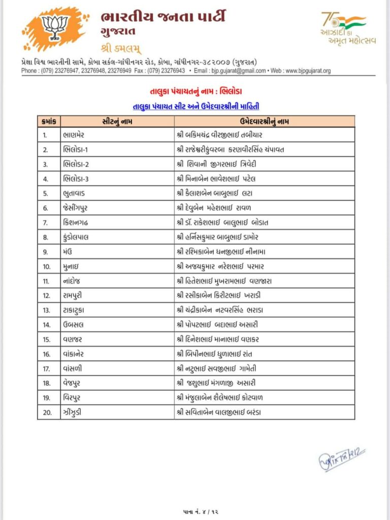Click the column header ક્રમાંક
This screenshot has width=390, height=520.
tap(49, 121)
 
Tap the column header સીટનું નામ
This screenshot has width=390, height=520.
tap(117, 121)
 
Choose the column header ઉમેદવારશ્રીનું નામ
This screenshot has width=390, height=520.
tap(265, 121)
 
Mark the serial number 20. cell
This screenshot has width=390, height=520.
tap(48, 412)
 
